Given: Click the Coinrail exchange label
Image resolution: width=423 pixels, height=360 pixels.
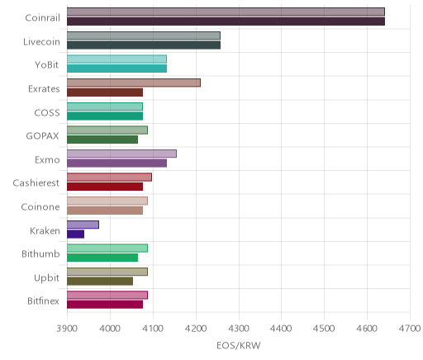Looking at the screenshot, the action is coord(42,18).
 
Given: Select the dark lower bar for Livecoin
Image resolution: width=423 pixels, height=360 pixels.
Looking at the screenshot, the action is coord(144,45).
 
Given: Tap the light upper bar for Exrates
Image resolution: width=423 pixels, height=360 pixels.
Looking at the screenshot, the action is coord(134,83).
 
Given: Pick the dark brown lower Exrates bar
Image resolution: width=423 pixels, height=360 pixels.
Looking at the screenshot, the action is coord(105,92).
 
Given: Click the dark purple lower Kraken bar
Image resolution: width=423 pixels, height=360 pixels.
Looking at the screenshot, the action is coord(76,234).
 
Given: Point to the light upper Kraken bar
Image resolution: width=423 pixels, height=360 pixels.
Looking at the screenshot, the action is coord(83,225).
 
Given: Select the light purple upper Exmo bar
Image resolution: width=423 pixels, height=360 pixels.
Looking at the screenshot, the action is coord(121,154).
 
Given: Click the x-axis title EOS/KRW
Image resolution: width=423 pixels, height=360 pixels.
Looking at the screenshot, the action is coord(239,346).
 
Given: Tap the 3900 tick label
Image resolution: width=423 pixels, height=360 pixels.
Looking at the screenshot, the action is coord(67,329).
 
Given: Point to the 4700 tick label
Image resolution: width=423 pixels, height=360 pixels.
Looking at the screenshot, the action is coord(410,329).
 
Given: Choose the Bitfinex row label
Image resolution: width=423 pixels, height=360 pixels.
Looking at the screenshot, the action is coord(43,301).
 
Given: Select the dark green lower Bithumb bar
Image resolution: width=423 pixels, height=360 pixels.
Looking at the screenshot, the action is coord(102,258).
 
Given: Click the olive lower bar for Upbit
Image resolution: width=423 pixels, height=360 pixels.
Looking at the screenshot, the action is coord(100,282).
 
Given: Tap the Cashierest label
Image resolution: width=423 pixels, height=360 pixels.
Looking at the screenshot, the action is coord(36,183).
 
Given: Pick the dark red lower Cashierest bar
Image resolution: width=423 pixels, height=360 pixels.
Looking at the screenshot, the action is coord(105,187).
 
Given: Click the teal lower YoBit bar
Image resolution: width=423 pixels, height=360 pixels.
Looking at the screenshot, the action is coord(117,69).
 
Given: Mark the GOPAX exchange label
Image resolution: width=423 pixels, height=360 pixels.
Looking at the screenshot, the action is coord(42,136).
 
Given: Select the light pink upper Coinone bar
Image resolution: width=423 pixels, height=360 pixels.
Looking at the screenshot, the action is coord(107,201).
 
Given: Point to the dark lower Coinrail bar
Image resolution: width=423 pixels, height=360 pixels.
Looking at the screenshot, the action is coord(226,21).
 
